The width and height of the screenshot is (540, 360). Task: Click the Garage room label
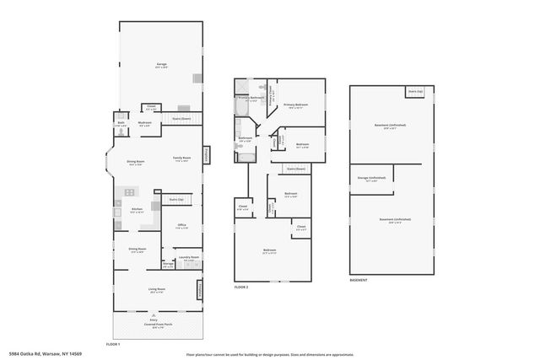pyautogui.click(x=161, y=64)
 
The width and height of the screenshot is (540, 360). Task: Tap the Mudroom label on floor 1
pyautogui.click(x=145, y=122)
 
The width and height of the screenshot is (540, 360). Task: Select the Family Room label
pyautogui.click(x=181, y=158)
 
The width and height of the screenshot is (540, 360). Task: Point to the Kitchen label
pyautogui.click(x=137, y=210)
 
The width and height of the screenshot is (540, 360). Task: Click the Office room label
pyautogui.click(x=181, y=224)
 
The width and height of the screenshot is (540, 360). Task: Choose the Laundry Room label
pyautogui.click(x=189, y=257)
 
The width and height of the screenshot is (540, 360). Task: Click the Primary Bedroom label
pyautogui.click(x=295, y=105)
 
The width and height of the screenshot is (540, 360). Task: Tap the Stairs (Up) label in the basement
pyautogui.click(x=414, y=91)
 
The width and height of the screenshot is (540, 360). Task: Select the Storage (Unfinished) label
pyautogui.click(x=371, y=178)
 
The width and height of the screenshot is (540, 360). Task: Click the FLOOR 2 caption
pyautogui.click(x=241, y=287)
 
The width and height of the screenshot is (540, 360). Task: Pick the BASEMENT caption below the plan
pyautogui.click(x=359, y=280)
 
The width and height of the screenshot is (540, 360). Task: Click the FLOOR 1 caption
pyautogui.click(x=113, y=344)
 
